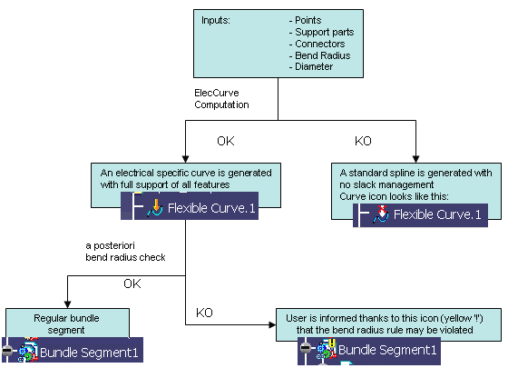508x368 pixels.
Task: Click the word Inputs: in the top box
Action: [x=216, y=20]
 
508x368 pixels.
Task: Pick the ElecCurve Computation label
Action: [x=221, y=99]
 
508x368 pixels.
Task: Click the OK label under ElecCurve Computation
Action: [x=226, y=141]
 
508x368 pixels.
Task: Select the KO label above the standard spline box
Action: [x=363, y=141]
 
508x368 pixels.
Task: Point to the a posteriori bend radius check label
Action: [x=125, y=252]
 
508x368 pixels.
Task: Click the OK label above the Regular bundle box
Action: [x=132, y=283]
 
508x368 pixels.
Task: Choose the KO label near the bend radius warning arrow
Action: [x=204, y=313]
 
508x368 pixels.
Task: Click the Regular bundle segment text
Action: [x=66, y=323]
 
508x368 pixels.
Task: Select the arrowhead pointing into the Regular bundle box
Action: [x=67, y=304]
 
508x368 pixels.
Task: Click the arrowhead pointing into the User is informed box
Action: [x=272, y=324]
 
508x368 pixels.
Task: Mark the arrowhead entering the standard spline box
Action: [x=416, y=159]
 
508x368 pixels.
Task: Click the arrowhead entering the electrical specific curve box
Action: [x=185, y=159]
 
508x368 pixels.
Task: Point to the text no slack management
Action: [x=386, y=184]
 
